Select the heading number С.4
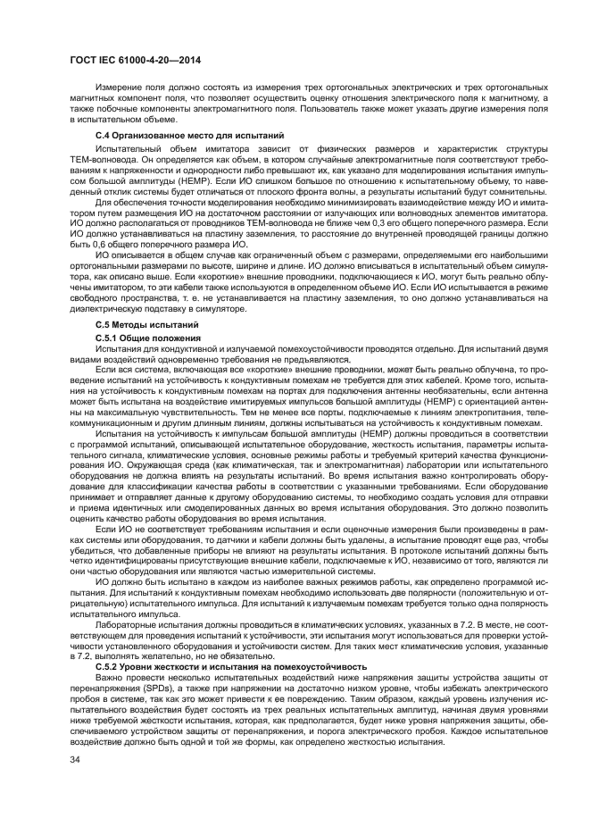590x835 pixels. click(103, 134)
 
